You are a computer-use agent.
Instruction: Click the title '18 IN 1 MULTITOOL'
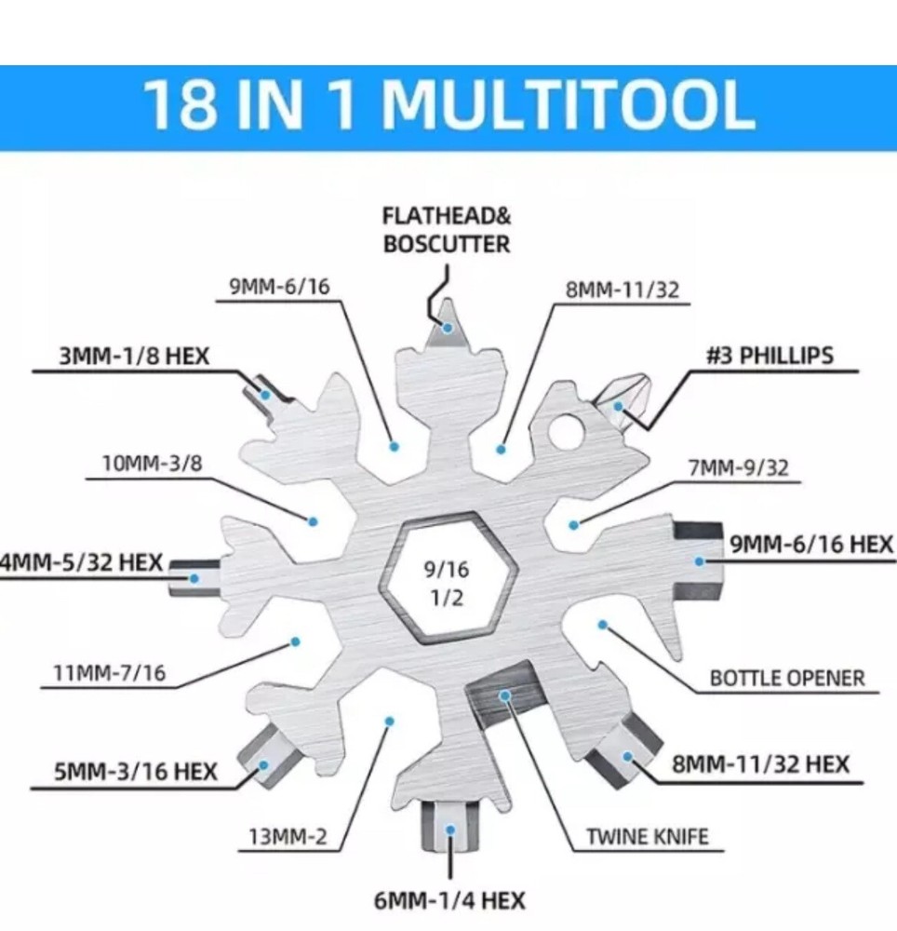[448, 105]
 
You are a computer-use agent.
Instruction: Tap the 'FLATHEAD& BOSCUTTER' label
[447, 231]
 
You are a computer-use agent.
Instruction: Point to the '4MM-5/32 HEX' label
[82, 563]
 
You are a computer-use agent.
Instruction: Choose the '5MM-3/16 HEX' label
[137, 771]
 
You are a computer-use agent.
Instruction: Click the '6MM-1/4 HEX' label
[449, 900]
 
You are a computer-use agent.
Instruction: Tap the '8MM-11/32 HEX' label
[760, 764]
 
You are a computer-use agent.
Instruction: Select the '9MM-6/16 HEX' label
[811, 545]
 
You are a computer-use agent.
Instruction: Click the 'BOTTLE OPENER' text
[787, 677]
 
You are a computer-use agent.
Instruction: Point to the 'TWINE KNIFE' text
[647, 836]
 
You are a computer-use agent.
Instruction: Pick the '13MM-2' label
[288, 836]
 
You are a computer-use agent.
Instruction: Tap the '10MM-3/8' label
[152, 463]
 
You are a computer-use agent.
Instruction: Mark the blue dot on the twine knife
[504, 695]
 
